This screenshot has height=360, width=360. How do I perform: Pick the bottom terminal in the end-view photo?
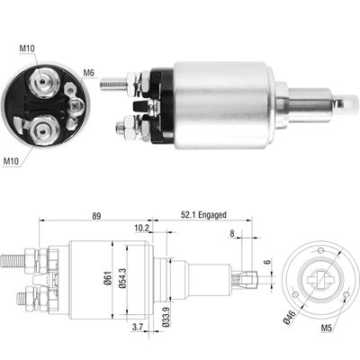coord(40,133)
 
